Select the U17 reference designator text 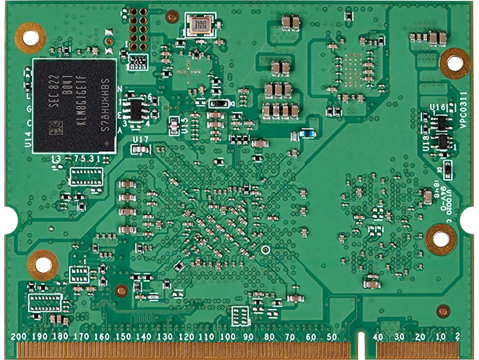click(x=141, y=140)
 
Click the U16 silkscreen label click(x=437, y=107)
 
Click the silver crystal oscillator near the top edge click(x=199, y=26)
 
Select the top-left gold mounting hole click(x=31, y=35)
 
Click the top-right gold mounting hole click(x=454, y=62)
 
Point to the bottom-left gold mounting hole click(x=42, y=262)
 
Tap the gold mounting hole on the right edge click(x=440, y=238)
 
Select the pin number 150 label click(x=122, y=337)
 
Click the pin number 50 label click(x=330, y=337)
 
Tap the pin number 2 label click(x=457, y=337)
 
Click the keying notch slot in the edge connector click(x=365, y=342)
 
